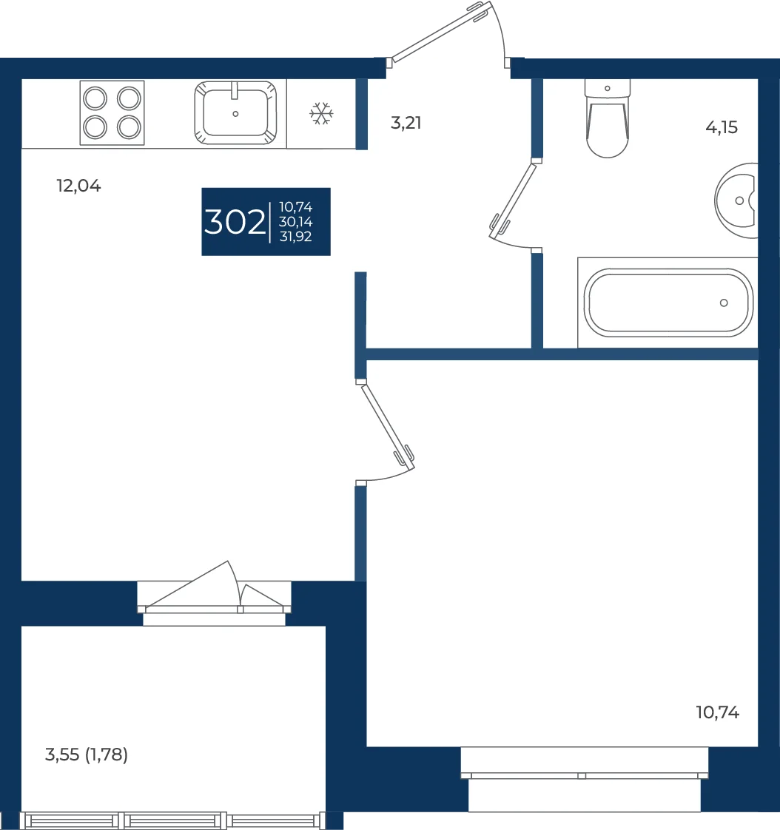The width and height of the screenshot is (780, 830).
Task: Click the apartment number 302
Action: tap(235, 222)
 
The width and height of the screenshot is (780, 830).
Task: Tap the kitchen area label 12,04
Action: tap(78, 186)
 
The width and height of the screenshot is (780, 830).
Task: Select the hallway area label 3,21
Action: tap(406, 123)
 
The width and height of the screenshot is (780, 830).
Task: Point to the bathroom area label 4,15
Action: tap(722, 127)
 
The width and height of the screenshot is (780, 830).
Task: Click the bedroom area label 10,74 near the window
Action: tap(718, 712)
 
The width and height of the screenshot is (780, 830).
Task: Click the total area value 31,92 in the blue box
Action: tap(295, 237)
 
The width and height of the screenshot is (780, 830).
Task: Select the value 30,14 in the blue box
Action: tap(295, 222)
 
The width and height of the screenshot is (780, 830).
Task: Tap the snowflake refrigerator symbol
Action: tap(321, 114)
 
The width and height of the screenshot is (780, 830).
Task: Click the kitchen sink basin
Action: tap(235, 112)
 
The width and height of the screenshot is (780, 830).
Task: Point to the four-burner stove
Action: tap(112, 112)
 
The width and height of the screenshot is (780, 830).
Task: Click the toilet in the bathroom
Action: tap(608, 118)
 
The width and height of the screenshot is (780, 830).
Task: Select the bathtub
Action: tap(668, 303)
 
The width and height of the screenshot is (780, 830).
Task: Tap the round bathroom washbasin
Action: tap(736, 200)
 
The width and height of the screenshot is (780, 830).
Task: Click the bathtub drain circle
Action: tap(724, 303)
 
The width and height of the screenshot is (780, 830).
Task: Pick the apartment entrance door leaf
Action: tap(440, 31)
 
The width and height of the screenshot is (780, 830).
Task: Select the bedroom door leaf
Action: tap(388, 427)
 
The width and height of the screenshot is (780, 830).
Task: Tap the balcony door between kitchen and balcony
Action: tap(214, 587)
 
